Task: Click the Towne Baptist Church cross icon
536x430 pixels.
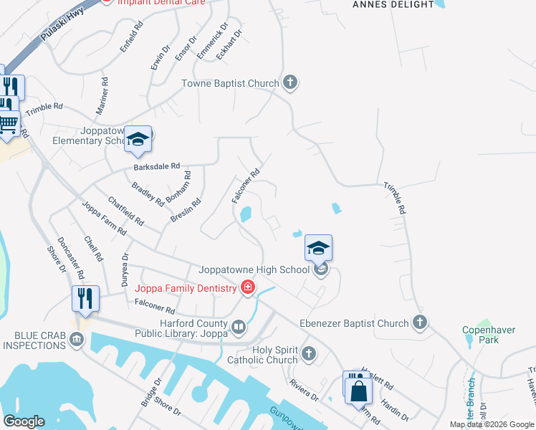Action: coord(290,83)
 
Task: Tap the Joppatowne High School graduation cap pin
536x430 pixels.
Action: coord(318,248)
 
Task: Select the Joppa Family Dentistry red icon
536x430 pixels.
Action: coord(248,288)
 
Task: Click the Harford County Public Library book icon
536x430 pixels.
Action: coord(239,328)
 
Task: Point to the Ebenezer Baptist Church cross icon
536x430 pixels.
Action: coord(420,323)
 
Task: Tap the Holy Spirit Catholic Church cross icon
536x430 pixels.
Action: coord(309,353)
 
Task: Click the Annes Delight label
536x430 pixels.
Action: coord(393,4)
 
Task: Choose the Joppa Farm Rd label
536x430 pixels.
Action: coord(104,219)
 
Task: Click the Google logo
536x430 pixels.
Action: coord(24,421)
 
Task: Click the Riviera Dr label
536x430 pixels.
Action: coord(305,391)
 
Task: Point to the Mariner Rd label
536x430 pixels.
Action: coord(101,96)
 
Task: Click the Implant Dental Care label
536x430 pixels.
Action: coord(161,3)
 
